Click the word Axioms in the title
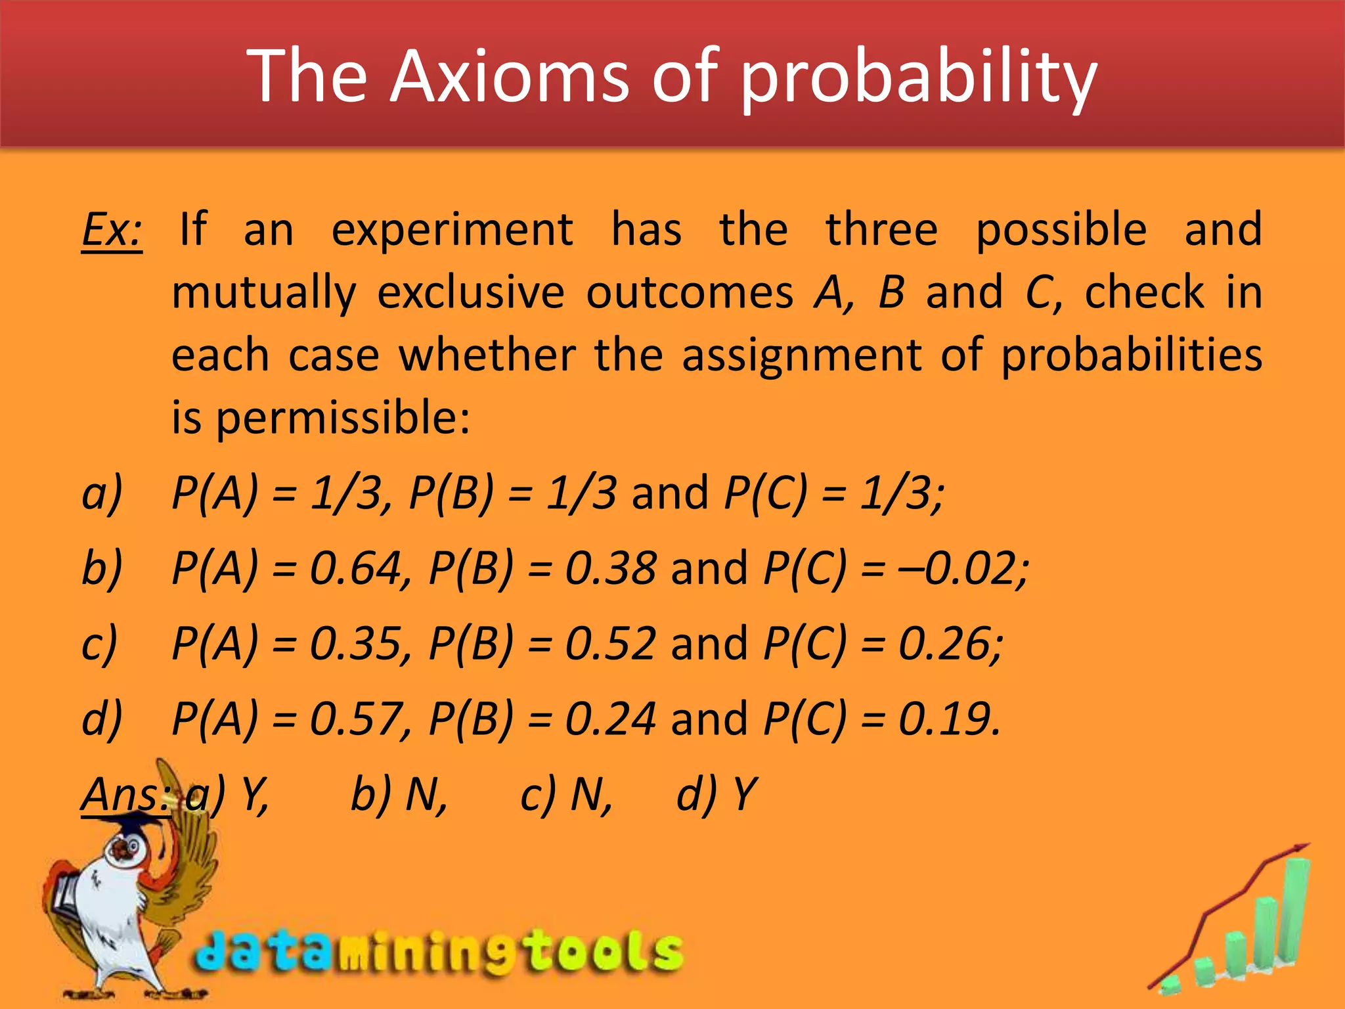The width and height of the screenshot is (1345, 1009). coord(509,77)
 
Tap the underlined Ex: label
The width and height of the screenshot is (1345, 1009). coord(112,230)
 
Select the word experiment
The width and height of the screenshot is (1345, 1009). coord(452,230)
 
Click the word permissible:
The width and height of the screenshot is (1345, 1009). coord(342,418)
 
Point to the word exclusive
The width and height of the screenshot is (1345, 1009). coord(470,292)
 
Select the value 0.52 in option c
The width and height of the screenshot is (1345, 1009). coord(610,643)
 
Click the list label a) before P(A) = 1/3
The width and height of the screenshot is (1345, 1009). coord(102,493)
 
